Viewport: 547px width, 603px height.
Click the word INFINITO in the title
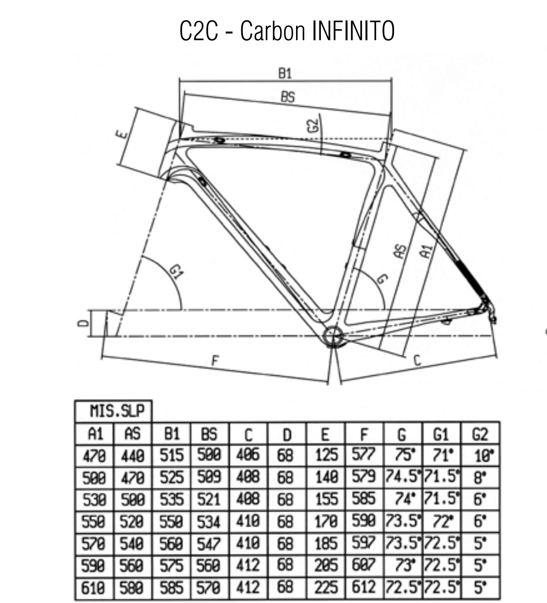(353, 31)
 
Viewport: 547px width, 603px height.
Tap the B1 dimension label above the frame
(285, 73)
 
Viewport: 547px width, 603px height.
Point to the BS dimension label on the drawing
(288, 97)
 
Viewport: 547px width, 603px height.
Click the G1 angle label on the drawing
(176, 272)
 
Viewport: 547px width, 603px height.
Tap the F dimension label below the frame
(215, 360)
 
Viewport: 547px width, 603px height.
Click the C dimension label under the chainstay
(417, 360)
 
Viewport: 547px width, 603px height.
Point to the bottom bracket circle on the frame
(332, 336)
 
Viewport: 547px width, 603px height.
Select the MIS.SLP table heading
(117, 411)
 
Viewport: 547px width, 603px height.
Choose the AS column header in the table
(133, 434)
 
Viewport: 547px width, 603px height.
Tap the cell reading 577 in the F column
(364, 454)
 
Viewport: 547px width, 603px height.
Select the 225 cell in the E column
(326, 587)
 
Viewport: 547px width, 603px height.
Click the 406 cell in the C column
(248, 455)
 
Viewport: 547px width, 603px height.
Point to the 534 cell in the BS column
(209, 521)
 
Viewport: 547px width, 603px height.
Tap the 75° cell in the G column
(405, 454)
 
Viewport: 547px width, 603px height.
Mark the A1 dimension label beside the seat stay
(427, 251)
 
